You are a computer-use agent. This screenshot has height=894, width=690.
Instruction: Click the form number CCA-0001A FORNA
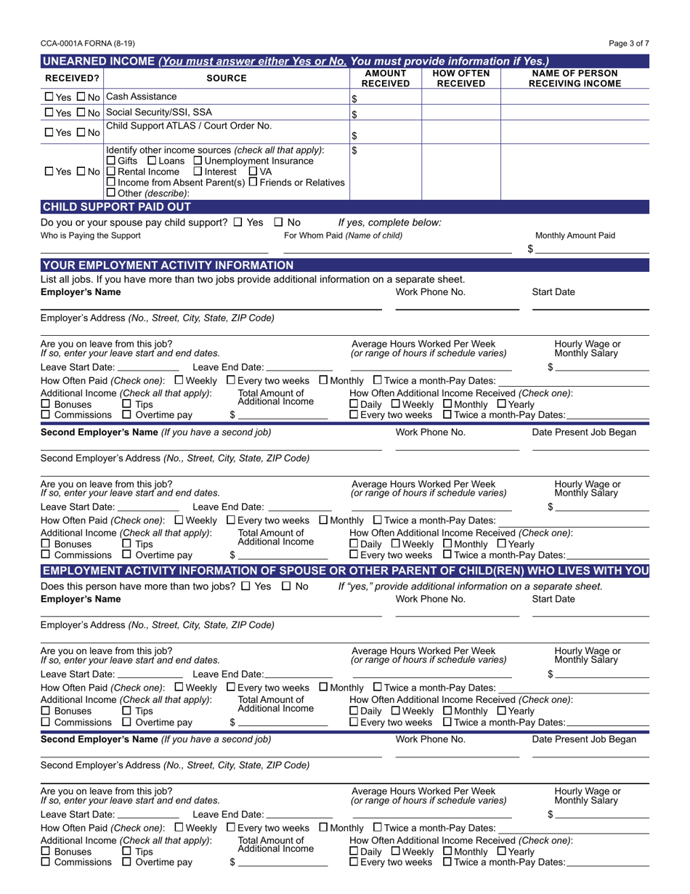click(x=87, y=44)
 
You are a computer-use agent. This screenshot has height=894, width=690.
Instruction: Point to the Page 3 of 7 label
click(x=629, y=44)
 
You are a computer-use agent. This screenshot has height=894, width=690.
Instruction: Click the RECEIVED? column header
click(x=72, y=78)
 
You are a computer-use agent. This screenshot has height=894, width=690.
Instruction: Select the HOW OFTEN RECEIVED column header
click(x=460, y=78)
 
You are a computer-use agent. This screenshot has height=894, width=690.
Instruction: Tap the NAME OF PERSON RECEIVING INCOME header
click(x=575, y=78)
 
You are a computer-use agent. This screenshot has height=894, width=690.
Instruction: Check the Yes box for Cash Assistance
click(x=49, y=97)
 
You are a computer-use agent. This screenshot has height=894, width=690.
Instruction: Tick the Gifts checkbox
click(x=111, y=161)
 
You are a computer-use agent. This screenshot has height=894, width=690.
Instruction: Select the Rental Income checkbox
click(x=111, y=172)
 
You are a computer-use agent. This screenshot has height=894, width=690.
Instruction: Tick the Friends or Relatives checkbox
click(x=253, y=182)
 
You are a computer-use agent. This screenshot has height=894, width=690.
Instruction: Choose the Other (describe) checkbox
click(x=111, y=193)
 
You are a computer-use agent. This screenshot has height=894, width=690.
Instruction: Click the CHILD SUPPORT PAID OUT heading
click(x=116, y=207)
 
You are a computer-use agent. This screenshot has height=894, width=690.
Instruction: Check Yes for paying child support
click(x=239, y=222)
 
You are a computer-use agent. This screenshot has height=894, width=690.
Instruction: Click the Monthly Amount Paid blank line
click(x=592, y=249)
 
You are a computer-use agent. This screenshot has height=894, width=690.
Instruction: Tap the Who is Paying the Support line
click(x=154, y=249)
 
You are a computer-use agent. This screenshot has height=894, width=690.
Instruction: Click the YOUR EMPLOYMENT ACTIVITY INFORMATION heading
click(x=167, y=265)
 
